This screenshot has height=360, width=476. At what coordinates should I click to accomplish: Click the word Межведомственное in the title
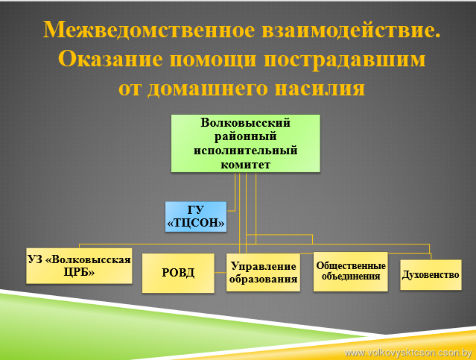point(149,30)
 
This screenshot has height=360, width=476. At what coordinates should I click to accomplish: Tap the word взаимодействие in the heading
point(349,30)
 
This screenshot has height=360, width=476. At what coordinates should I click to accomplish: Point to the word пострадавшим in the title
point(344,60)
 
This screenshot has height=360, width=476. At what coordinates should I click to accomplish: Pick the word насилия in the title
point(320,89)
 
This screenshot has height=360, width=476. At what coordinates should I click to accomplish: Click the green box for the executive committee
point(246,143)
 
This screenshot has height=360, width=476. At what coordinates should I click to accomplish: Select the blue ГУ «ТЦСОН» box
point(196,217)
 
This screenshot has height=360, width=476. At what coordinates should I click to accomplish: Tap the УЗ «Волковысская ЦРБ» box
point(79,266)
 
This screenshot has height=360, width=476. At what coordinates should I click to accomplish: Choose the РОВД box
point(178,273)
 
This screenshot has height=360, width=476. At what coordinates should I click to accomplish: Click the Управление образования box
point(263,273)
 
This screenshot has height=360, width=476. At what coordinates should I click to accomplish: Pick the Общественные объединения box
point(351,271)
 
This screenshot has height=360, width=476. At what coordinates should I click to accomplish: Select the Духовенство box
point(431,274)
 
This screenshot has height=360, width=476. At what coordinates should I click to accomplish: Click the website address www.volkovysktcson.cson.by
point(408,353)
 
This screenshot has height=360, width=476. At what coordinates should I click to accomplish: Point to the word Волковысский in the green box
point(246,123)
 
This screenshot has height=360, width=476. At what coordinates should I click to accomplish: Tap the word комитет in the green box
point(246,165)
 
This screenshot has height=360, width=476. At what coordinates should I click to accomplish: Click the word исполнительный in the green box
point(246,151)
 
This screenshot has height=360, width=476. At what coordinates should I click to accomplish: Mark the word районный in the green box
point(246,136)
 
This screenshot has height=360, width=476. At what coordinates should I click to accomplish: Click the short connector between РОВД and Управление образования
point(220,273)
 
